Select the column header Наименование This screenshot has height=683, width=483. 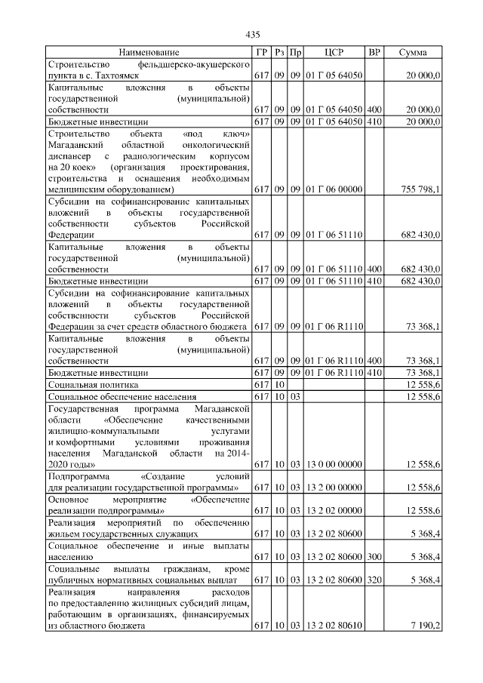click(x=149, y=53)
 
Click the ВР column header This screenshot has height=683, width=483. click(x=374, y=53)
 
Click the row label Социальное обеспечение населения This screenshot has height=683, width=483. click(x=122, y=396)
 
